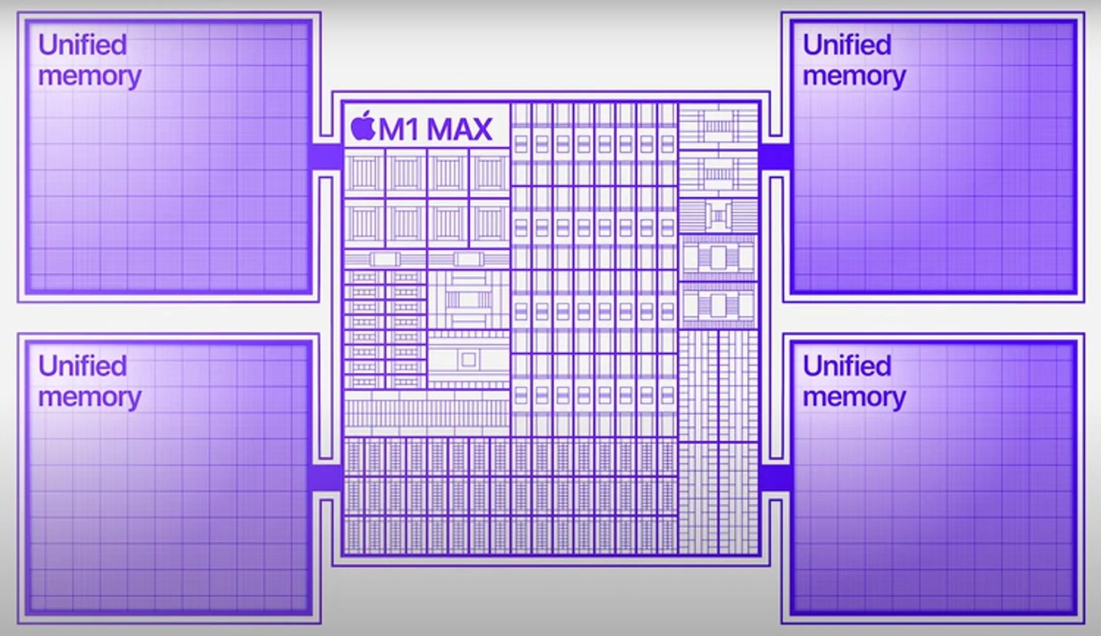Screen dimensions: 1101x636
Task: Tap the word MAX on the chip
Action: pos(459,129)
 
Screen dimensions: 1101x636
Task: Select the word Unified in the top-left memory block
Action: pos(83,44)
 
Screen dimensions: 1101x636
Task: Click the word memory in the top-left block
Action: pos(90,77)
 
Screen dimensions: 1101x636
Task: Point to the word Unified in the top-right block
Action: pos(847,44)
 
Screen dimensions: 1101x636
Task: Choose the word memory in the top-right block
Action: pos(854,77)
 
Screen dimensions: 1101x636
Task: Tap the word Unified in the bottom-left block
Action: pos(83,366)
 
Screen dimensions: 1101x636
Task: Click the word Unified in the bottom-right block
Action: pos(847,366)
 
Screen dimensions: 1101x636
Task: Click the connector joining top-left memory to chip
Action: pos(325,157)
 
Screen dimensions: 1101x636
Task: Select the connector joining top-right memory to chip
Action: pos(775,157)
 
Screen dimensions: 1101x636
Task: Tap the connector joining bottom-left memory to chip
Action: pos(325,478)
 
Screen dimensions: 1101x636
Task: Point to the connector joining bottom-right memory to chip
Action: pos(775,478)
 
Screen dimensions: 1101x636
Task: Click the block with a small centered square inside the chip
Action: pos(468,360)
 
